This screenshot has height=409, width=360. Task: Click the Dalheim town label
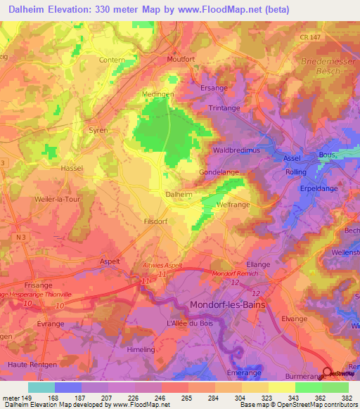point(178,193)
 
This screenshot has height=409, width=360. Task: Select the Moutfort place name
point(181,60)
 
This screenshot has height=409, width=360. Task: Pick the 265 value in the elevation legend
point(186,397)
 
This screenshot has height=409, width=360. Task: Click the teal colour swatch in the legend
point(41,387)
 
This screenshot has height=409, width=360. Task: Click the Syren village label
point(98,130)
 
